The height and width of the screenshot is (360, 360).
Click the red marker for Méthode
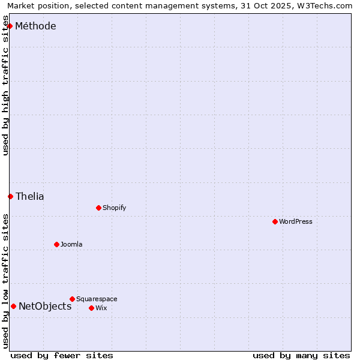[10, 26]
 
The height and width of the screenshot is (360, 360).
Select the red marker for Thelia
[10, 196]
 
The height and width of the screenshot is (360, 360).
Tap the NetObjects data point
[13, 306]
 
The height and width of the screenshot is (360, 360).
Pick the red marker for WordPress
[275, 221]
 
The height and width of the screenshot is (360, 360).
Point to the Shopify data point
[98, 208]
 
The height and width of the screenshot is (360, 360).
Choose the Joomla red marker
[56, 244]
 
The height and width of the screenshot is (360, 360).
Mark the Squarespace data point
[72, 299]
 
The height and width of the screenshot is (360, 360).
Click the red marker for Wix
[91, 308]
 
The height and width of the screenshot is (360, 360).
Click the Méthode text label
[35, 26]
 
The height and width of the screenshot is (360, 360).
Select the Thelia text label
[30, 196]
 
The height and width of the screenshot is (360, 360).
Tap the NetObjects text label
[45, 306]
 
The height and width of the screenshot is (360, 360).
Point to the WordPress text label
[296, 221]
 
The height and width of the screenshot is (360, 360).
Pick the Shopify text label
[115, 208]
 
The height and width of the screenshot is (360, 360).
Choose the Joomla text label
[71, 244]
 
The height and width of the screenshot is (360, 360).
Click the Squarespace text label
[97, 299]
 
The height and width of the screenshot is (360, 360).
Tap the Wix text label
[101, 308]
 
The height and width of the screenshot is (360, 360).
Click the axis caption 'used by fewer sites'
[62, 355]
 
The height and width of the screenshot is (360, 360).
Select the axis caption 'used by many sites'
[301, 355]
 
